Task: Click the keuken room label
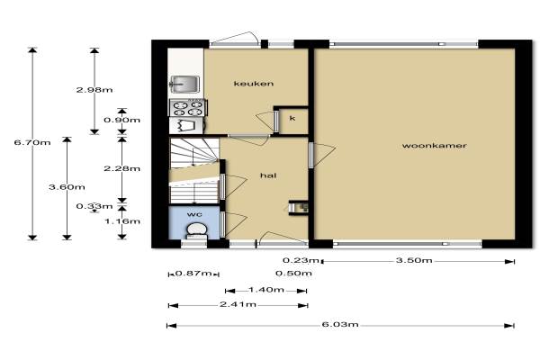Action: coord(254,84)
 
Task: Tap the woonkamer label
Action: coord(435,146)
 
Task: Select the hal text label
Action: coord(268,175)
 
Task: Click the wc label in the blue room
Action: coord(194,214)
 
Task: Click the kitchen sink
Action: coord(184,84)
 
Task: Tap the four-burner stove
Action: coord(188,108)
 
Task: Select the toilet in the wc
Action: coord(196,231)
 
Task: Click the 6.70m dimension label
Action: coord(32,142)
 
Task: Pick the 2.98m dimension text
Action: coord(94,90)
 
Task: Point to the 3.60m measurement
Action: coord(67,187)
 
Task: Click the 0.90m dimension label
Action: coord(121,120)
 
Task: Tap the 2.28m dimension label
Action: coord(121,168)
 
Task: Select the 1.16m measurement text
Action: coord(122,220)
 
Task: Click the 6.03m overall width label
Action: coord(340,325)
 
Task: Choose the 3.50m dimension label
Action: coord(414,260)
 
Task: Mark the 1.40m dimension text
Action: coord(266,290)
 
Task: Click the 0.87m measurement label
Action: coord(193,274)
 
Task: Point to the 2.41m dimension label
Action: coord(238,304)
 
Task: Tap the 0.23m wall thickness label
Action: coord(301,260)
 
